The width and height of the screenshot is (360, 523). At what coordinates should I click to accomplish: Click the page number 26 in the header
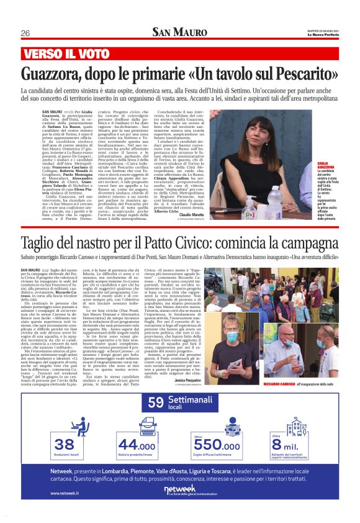(25, 33)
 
